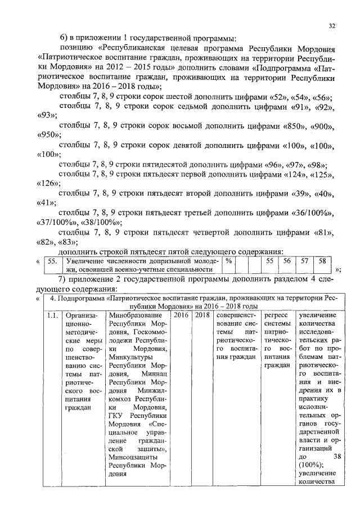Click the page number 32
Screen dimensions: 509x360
pyautogui.click(x=332, y=25)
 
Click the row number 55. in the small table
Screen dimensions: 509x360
pyautogui.click(x=52, y=261)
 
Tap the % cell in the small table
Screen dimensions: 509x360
pyautogui.click(x=228, y=261)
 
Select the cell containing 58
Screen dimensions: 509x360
pyautogui.click(x=322, y=261)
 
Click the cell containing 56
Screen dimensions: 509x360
pyautogui.click(x=287, y=261)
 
